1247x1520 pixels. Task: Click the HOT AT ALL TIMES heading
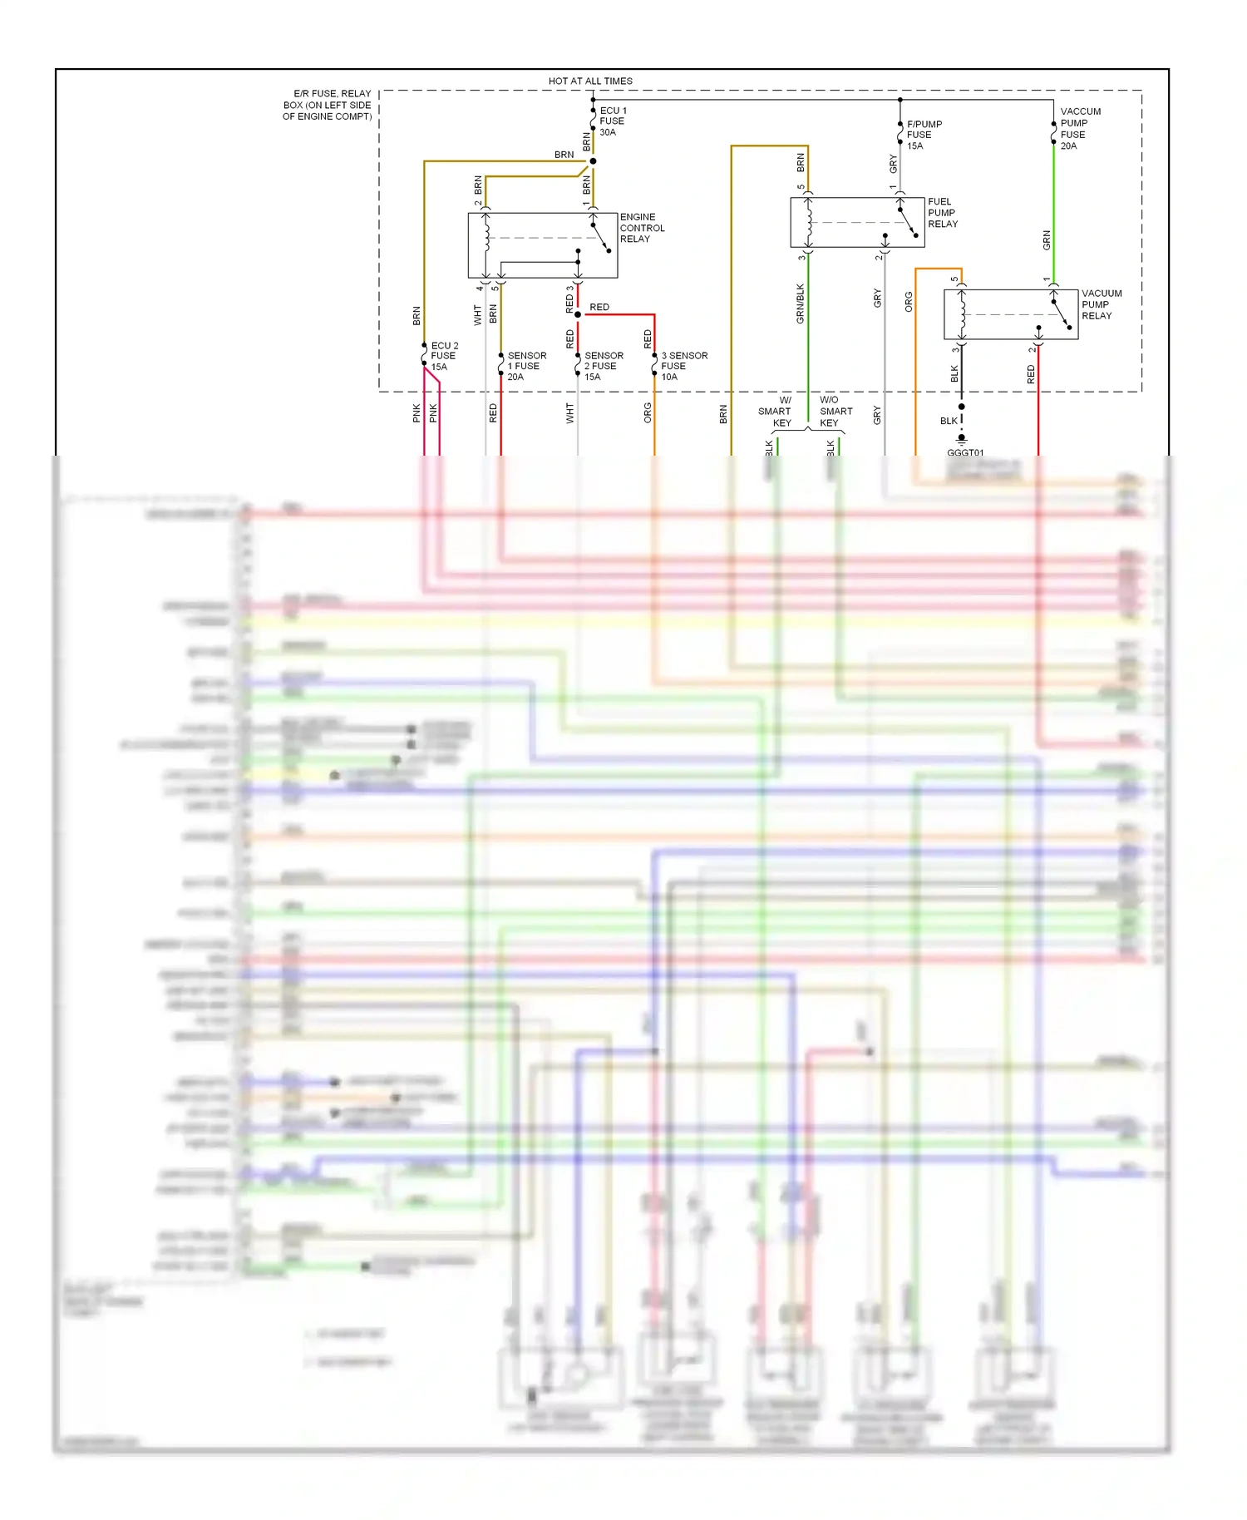590,81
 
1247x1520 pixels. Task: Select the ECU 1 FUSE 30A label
613,121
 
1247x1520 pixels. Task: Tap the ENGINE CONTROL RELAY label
642,228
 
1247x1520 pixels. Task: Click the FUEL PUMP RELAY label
942,213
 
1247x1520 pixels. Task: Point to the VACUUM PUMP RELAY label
1101,304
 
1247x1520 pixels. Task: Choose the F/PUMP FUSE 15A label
924,135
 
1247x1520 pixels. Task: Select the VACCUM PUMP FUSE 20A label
1080,128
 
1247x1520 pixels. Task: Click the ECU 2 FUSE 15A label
444,356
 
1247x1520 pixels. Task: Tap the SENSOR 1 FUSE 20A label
526,366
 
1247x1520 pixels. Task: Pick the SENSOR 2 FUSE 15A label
604,366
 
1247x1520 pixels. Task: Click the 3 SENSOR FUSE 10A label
683,366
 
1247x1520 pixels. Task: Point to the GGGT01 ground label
965,452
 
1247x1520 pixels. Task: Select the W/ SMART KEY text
776,412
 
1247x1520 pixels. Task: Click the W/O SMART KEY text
835,412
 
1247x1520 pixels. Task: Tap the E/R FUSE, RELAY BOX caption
328,105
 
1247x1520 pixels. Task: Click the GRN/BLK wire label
800,304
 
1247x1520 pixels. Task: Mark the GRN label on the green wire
1047,240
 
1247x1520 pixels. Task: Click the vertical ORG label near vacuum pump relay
909,302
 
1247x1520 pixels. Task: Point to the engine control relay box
542,245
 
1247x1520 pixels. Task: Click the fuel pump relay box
856,222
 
